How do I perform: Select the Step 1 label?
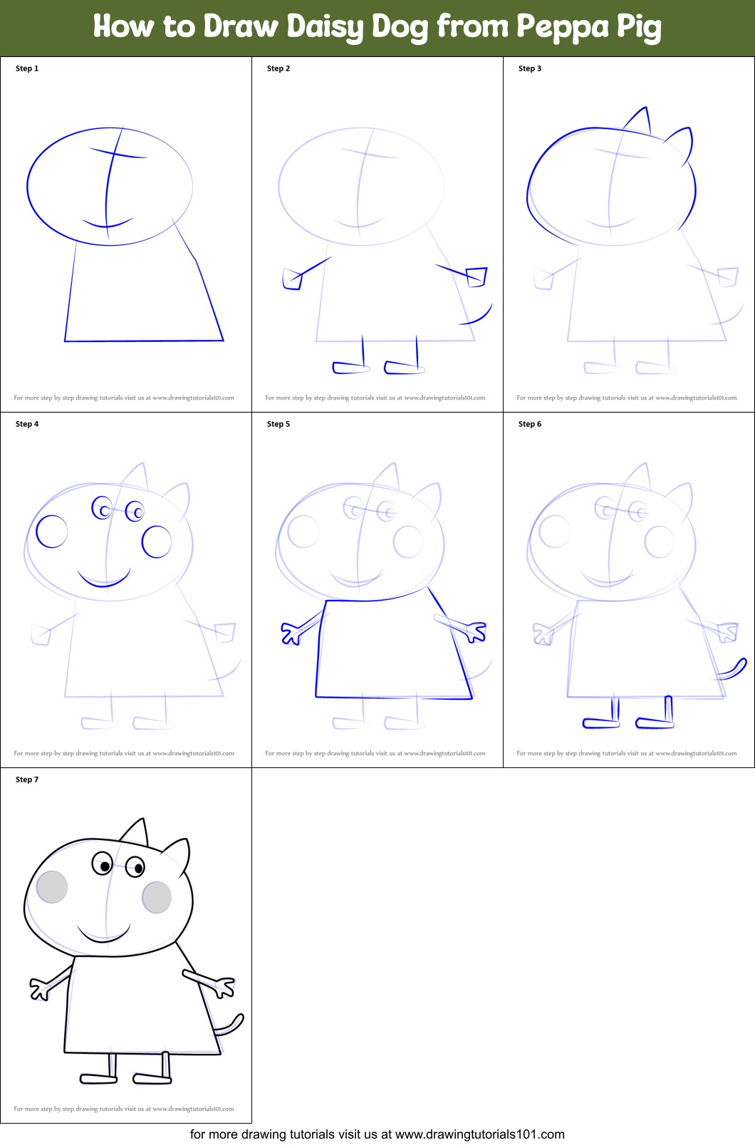tap(27, 68)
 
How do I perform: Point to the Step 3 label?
tap(530, 68)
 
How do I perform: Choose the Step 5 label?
tap(278, 424)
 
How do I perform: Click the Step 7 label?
tap(27, 779)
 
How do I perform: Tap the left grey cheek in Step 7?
tap(52, 887)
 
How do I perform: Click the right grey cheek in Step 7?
tap(157, 897)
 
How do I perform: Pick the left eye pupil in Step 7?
tap(105, 866)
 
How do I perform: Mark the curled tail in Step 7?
tap(231, 1026)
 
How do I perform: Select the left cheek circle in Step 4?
tap(52, 532)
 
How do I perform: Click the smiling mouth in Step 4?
tap(104, 579)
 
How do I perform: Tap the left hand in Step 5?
tap(290, 633)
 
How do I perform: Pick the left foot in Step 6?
tap(600, 723)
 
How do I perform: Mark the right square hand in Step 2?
tap(477, 276)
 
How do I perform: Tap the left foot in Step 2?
tap(350, 368)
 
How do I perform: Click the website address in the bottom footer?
tap(479, 1134)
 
